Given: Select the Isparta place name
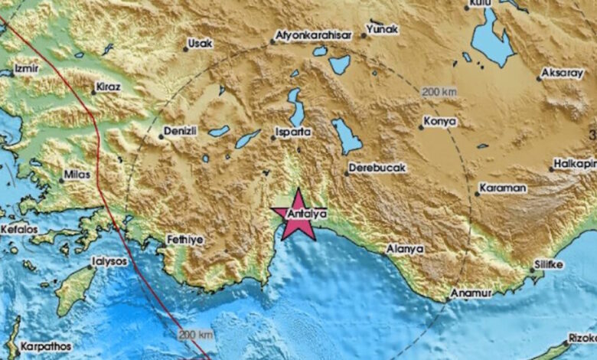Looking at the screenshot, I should (294, 132).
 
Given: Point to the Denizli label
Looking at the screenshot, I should (181, 131).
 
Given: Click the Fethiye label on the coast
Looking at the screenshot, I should (185, 240).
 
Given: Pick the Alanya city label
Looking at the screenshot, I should (405, 249).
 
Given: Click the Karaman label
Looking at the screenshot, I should (503, 188).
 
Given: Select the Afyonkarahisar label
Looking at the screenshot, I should (315, 34).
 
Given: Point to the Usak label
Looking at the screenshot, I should (201, 44).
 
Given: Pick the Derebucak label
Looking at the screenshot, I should (377, 167).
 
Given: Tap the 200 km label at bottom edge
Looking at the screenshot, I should (195, 335).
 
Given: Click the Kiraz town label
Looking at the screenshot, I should (108, 87).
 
